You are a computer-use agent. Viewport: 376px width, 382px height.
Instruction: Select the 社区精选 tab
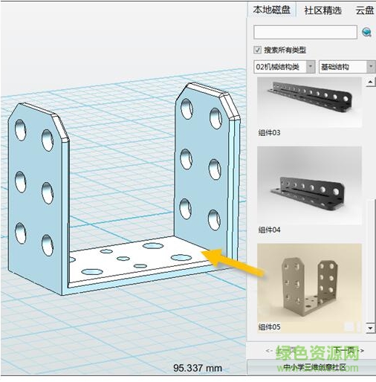point(323,10)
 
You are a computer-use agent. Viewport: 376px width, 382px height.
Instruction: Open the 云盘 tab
point(364,10)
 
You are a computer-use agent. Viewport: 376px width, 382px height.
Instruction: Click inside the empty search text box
point(305,32)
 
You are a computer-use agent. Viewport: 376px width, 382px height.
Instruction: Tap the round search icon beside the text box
point(366,32)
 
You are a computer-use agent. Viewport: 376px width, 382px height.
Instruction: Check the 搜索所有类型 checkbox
point(258,50)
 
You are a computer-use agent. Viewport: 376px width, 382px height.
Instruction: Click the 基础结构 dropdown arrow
point(370,67)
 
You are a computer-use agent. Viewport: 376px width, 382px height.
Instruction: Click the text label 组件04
point(269,229)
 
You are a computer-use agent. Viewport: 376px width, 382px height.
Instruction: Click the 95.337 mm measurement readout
point(198,367)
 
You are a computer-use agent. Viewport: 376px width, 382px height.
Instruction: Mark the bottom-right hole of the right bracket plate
point(214,218)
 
